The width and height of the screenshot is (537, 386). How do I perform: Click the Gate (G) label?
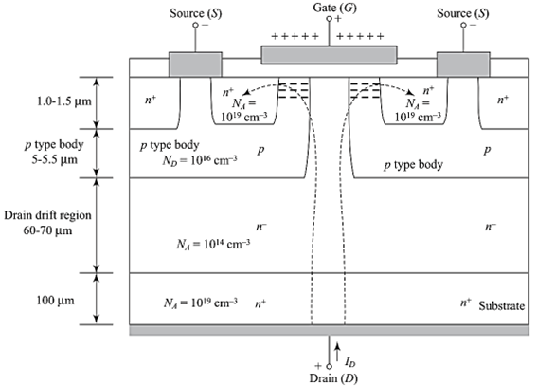(x=328, y=8)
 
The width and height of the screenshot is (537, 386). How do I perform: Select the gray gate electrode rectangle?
(x=328, y=54)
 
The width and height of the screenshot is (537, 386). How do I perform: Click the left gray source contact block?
(x=194, y=64)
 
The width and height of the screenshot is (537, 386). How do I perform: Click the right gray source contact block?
(x=463, y=64)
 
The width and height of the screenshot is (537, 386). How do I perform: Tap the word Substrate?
(x=502, y=305)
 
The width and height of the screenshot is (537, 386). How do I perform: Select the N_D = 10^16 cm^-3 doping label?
(x=197, y=159)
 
